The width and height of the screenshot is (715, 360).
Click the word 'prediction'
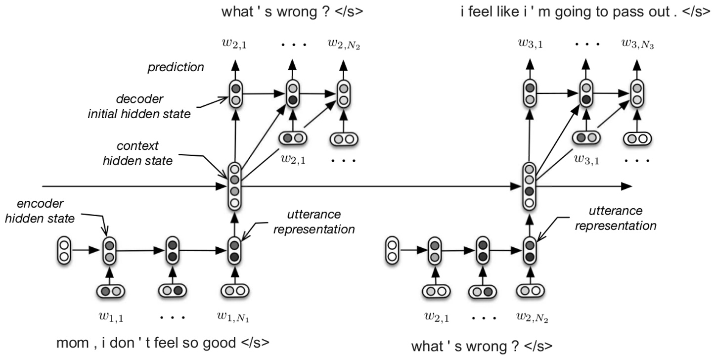(x=176, y=67)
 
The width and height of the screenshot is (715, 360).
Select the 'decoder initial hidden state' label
(x=139, y=106)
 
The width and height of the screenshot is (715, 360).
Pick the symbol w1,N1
(x=236, y=317)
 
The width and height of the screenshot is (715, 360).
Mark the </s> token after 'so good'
(x=256, y=343)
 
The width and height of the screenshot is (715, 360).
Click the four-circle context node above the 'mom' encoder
(x=235, y=185)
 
